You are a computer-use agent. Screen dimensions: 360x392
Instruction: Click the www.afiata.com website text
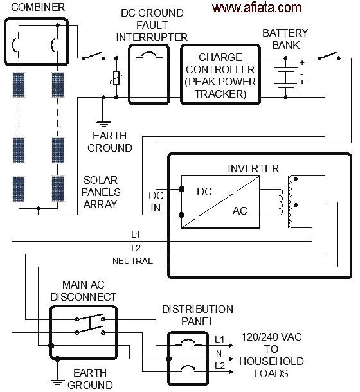pos(256,8)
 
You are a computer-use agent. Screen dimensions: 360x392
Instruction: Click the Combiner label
pos(38,7)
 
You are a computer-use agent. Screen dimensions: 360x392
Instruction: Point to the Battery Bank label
pos(285,39)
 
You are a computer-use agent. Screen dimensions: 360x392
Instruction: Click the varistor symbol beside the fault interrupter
pos(116,78)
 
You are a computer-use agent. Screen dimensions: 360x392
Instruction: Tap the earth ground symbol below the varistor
pos(104,124)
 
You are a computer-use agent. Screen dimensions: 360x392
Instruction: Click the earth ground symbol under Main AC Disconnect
pos(58,382)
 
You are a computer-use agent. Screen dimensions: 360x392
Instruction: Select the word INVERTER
pos(253,168)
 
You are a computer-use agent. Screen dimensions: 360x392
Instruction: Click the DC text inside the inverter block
pos(204,192)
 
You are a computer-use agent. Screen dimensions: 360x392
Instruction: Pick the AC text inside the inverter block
pos(240,211)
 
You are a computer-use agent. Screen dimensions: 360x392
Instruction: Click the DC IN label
pos(156,202)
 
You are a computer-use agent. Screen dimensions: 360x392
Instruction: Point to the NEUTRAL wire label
pos(132,261)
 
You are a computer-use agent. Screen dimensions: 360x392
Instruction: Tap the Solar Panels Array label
pos(101,192)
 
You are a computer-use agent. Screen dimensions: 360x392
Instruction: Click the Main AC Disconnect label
pos(84,290)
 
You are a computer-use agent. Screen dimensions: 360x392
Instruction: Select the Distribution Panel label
pos(197,316)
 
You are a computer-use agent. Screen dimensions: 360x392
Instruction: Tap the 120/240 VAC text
pos(271,337)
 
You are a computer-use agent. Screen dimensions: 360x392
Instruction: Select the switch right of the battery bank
pos(328,56)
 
